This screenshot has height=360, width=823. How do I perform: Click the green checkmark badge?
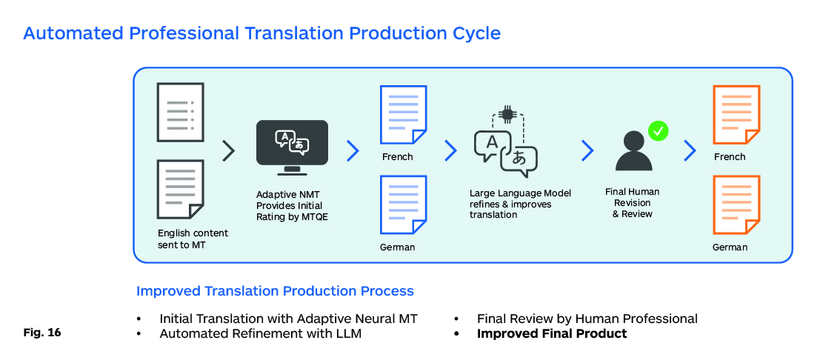(x=659, y=132)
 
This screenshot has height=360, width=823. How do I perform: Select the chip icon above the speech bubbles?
(x=507, y=113)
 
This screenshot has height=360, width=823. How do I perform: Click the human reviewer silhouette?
(x=634, y=151)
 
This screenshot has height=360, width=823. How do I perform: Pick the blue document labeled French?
(x=403, y=115)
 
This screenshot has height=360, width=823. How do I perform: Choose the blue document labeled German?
(x=403, y=204)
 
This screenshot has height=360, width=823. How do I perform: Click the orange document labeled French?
(x=736, y=115)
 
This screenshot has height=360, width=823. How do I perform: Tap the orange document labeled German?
(x=736, y=204)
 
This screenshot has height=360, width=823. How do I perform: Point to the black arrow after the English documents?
(x=229, y=151)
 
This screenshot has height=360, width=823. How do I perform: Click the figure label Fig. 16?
(x=42, y=333)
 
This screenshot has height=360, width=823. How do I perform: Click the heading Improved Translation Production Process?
(x=275, y=291)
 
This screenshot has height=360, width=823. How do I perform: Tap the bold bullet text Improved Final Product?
(x=552, y=334)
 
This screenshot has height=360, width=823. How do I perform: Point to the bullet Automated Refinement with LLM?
(x=261, y=334)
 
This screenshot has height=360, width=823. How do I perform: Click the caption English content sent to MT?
(x=193, y=239)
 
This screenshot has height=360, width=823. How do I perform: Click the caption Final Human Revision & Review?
(x=632, y=203)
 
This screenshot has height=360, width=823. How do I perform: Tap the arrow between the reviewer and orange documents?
(x=690, y=151)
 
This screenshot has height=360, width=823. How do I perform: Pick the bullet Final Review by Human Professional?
(x=587, y=319)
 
